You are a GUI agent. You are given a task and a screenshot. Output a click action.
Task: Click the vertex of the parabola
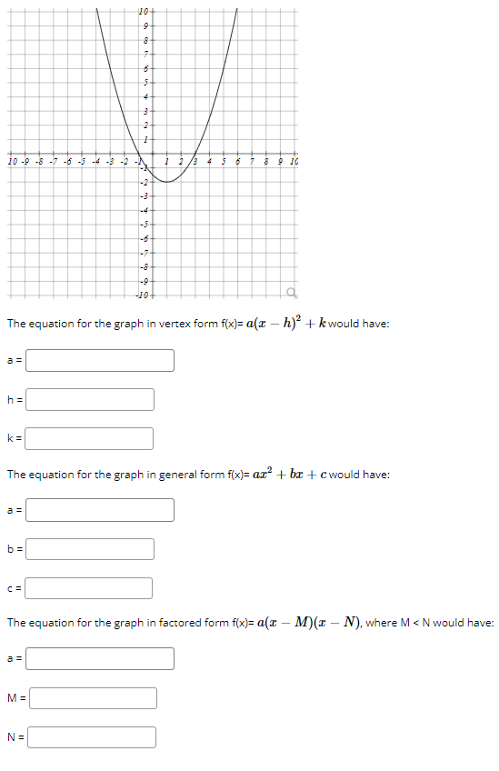point(167,182)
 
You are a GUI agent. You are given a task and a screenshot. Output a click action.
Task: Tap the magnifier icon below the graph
point(292,292)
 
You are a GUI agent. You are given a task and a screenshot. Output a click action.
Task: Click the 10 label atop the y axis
point(144,10)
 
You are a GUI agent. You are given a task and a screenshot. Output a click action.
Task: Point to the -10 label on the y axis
point(142,296)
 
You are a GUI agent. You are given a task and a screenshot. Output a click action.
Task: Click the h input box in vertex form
point(90,399)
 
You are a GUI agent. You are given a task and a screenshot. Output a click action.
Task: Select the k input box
point(90,438)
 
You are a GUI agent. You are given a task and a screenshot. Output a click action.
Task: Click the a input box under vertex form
point(100,361)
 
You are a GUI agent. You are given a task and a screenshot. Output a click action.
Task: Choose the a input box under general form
point(100,510)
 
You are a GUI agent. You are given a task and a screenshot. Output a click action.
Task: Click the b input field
point(90,549)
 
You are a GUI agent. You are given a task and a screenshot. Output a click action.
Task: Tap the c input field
point(90,588)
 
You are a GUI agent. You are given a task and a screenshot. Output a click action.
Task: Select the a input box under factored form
point(100,658)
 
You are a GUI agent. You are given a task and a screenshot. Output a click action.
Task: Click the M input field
point(94,698)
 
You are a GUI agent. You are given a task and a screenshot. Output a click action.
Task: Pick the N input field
point(92,736)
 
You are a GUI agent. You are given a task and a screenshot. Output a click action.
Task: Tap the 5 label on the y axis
point(145,82)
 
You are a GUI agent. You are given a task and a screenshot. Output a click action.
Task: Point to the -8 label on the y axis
point(143,267)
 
